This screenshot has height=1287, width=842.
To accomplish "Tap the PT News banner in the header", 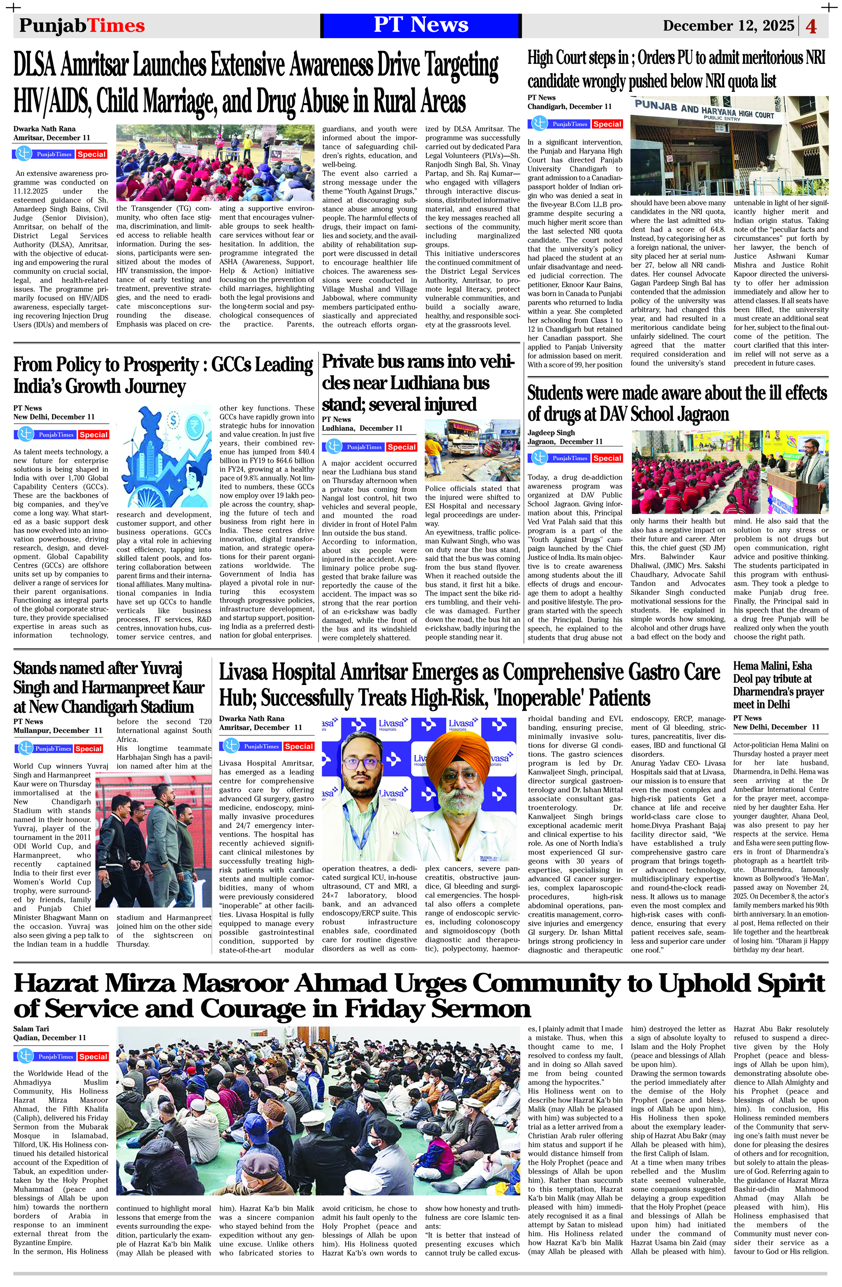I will [421, 25].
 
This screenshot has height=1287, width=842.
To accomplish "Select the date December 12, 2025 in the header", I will [728, 26].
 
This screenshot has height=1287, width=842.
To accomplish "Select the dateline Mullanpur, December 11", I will [57, 730].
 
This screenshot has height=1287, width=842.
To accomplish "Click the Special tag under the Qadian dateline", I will [93, 1056].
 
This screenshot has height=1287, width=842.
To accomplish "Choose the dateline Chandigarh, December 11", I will [569, 106].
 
